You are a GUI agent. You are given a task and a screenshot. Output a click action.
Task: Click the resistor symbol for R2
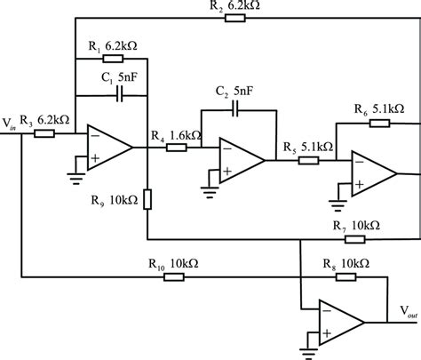tap(235, 17)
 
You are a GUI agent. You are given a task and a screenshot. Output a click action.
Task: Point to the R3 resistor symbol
tap(44, 134)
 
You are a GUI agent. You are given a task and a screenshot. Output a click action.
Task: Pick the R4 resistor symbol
tap(176, 147)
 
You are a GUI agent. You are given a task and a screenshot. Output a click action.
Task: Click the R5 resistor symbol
tap(307, 160)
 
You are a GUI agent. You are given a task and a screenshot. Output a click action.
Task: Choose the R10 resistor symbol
tap(172, 276)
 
